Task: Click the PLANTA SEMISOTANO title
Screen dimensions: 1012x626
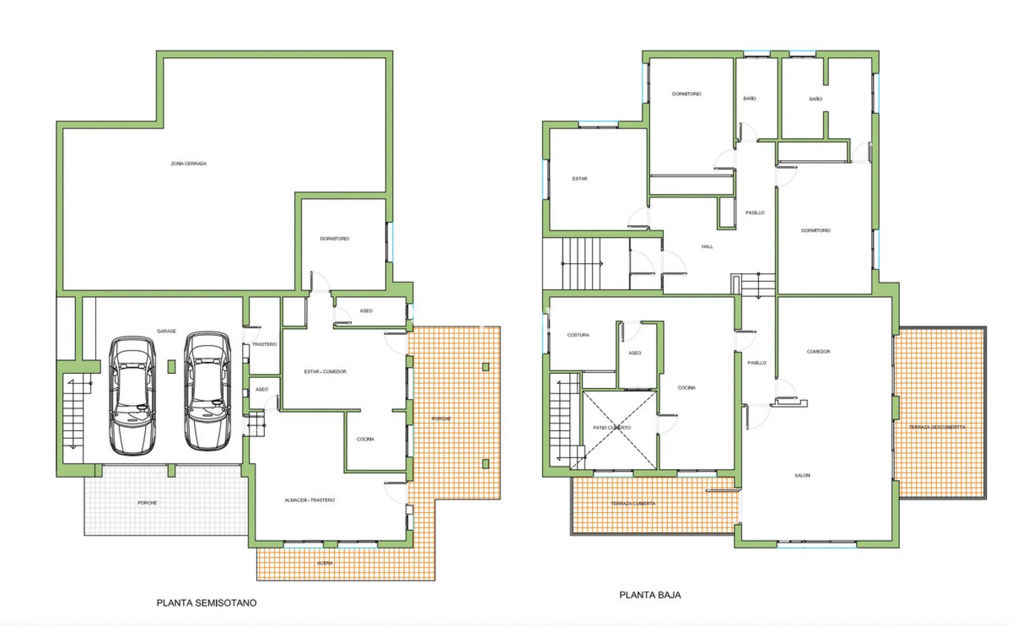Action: click(206, 603)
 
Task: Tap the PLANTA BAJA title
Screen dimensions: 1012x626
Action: click(650, 595)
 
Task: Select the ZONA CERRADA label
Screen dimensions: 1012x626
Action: click(189, 164)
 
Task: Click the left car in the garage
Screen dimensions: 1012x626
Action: click(132, 395)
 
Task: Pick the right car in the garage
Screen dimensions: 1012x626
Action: click(208, 390)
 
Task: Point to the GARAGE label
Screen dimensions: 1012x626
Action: click(166, 331)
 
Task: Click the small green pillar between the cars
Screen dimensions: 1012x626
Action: click(171, 367)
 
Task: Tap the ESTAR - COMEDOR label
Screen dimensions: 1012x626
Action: click(325, 372)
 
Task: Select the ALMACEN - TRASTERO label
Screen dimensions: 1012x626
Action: click(310, 500)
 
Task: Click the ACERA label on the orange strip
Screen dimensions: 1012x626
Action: click(325, 563)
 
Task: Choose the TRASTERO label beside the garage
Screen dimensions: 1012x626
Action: click(264, 344)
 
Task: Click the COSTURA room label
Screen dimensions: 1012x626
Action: click(578, 335)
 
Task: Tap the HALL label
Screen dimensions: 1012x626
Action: click(707, 247)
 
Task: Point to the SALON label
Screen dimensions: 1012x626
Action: click(802, 476)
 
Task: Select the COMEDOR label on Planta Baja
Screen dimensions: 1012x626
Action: click(818, 352)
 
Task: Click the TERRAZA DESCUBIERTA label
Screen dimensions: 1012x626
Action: click(937, 427)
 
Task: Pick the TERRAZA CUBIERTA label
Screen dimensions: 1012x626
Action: click(633, 503)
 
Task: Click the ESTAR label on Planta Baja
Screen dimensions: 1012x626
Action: click(580, 179)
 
